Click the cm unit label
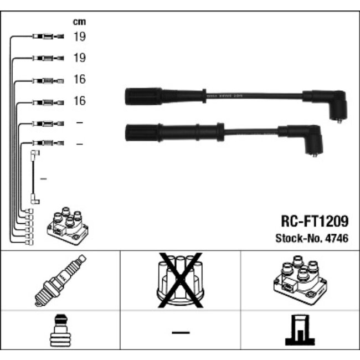tap(79, 22)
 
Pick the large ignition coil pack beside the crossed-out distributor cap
tap(300, 280)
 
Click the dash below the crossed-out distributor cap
tap(180, 332)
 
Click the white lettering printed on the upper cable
tap(222, 95)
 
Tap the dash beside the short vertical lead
tap(44, 179)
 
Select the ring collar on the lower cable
tap(220, 132)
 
